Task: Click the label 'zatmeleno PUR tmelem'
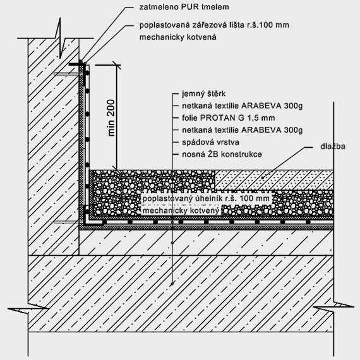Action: pyautogui.click(x=184, y=7)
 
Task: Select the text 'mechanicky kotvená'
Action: pyautogui.click(x=177, y=37)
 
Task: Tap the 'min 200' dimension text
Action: pyautogui.click(x=111, y=117)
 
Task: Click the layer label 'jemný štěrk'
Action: pyautogui.click(x=203, y=93)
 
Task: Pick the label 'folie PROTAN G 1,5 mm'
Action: pyautogui.click(x=229, y=118)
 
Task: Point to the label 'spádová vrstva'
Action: pyautogui.click(x=210, y=142)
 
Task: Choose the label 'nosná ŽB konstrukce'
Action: pyautogui.click(x=222, y=154)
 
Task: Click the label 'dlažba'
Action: pyautogui.click(x=333, y=147)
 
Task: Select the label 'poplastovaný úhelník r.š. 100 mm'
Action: pyautogui.click(x=206, y=198)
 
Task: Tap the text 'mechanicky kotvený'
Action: pyautogui.click(x=181, y=210)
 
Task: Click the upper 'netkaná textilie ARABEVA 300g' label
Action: pyautogui.click(x=243, y=106)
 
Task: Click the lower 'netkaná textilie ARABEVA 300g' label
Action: pyautogui.click(x=243, y=130)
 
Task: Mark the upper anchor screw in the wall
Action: pyautogui.click(x=68, y=74)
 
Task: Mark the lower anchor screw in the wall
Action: pyautogui.click(x=68, y=222)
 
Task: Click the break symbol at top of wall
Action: pyautogui.click(x=60, y=38)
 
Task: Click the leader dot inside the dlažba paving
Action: pyautogui.click(x=263, y=177)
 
